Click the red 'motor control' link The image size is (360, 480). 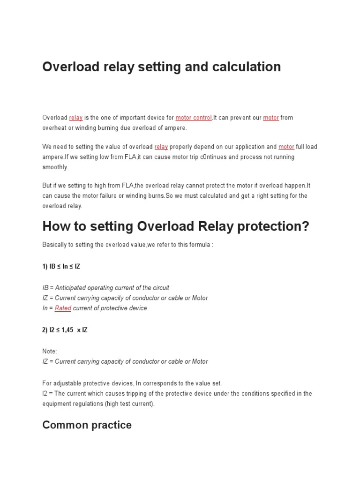coord(194,118)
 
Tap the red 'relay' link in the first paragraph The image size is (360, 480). coord(75,118)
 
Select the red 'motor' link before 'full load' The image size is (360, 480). coord(286,147)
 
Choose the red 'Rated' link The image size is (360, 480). coord(63,308)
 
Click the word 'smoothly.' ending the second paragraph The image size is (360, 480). coord(55,167)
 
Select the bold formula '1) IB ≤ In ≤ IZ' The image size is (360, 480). coord(61,266)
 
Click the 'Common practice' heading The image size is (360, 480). coord(87,425)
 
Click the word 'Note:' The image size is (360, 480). coord(50,351)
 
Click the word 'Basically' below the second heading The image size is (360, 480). coord(54,245)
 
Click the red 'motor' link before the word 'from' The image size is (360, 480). coord(271,118)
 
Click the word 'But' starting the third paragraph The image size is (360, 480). coord(47,185)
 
